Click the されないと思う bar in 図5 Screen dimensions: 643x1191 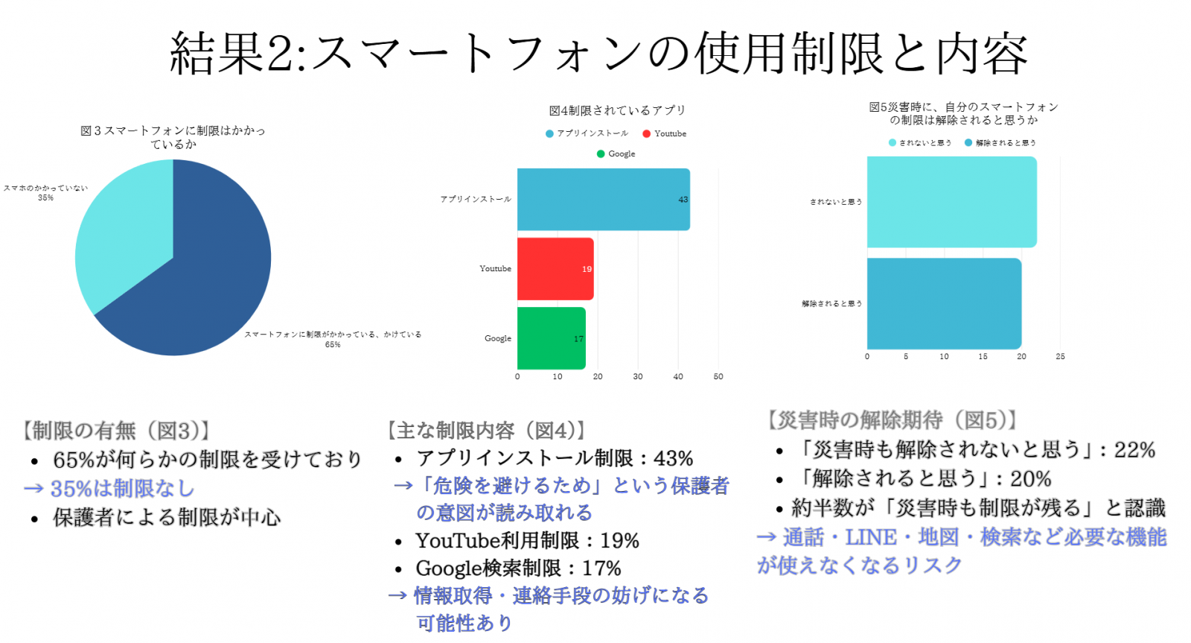pyautogui.click(x=951, y=202)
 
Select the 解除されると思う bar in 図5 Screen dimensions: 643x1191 pyautogui.click(x=944, y=304)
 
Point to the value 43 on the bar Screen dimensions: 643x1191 pyautogui.click(x=683, y=200)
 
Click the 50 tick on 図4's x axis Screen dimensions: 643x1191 pyautogui.click(x=718, y=377)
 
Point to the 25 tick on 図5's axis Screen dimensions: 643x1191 pyautogui.click(x=1060, y=357)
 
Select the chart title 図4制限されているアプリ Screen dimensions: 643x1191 pyautogui.click(x=617, y=111)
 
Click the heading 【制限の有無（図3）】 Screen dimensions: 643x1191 pyautogui.click(x=116, y=431)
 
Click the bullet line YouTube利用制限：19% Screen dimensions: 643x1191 pyautogui.click(x=527, y=541)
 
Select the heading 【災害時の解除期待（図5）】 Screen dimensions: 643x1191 pyautogui.click(x=893, y=420)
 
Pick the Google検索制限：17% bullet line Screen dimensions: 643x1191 pyautogui.click(x=518, y=568)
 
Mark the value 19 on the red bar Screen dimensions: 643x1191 pyautogui.click(x=587, y=269)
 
